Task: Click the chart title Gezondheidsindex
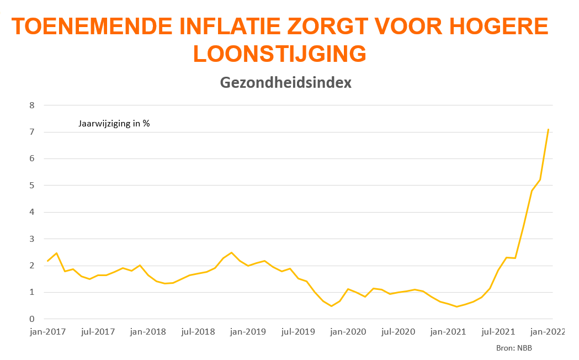point(285,83)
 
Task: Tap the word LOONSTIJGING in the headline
point(279,54)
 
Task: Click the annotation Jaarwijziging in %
point(114,124)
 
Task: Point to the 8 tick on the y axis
point(31,105)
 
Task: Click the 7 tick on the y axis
point(31,132)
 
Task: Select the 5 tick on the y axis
point(31,186)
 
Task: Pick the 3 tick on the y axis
point(31,239)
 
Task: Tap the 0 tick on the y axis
point(31,319)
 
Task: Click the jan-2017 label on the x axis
point(48,332)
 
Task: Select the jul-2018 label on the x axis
point(198,332)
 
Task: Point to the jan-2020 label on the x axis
point(348,332)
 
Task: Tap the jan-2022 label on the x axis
point(547,332)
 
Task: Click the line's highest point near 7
point(548,129)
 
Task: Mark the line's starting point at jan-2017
point(48,261)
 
